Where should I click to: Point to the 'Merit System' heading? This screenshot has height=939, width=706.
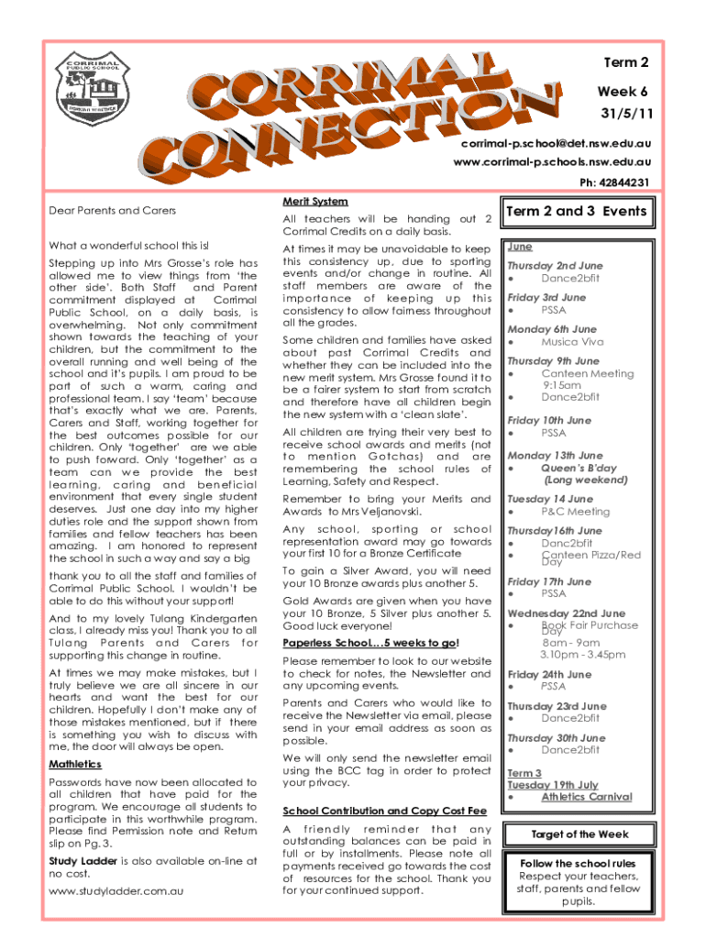click(315, 201)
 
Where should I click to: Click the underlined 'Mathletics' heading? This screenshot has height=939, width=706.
click(75, 764)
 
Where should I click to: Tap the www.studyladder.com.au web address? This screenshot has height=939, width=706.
click(116, 890)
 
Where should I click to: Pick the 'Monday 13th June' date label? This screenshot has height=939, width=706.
click(555, 456)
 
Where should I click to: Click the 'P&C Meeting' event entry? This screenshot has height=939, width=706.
click(575, 512)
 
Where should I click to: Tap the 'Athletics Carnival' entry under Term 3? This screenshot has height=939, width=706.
click(586, 797)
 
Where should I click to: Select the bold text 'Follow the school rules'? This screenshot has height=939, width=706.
click(578, 864)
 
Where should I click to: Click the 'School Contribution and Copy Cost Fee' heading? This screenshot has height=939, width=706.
click(384, 812)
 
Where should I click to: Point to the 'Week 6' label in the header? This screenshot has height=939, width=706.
click(623, 93)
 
